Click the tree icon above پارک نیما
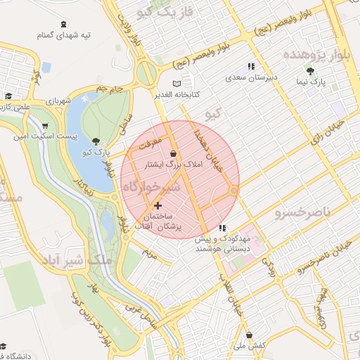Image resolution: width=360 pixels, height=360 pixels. click(310, 71)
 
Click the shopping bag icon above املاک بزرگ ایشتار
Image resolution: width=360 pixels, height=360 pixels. click(174, 153)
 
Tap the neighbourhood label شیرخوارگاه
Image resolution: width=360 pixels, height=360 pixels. click(152, 188)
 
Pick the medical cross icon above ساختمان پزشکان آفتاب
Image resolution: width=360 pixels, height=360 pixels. click(157, 205)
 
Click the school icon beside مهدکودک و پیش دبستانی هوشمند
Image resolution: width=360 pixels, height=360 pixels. click(223, 229)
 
